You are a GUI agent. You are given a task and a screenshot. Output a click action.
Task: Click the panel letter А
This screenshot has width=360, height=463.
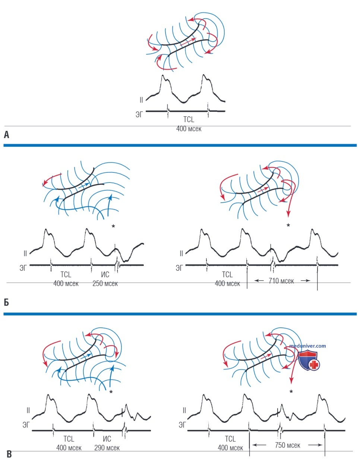(x=6, y=135)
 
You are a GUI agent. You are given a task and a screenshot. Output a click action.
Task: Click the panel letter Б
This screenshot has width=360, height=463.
(x=6, y=302)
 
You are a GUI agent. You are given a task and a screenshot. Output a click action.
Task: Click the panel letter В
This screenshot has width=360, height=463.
(x=9, y=454)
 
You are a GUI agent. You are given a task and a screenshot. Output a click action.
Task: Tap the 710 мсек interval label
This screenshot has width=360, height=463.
(x=281, y=281)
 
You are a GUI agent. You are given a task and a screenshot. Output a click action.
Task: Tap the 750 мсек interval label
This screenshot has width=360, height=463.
(x=287, y=445)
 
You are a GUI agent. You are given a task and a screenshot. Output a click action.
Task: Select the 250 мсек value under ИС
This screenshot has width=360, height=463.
(x=105, y=283)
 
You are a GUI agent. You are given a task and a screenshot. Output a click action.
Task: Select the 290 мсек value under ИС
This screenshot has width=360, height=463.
(x=107, y=448)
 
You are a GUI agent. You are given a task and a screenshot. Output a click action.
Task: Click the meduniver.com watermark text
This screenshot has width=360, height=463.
(x=307, y=346)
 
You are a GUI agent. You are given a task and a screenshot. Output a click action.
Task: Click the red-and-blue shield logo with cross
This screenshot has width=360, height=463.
(x=309, y=361)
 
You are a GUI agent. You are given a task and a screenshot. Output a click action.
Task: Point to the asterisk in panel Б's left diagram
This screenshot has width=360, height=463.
(x=113, y=226)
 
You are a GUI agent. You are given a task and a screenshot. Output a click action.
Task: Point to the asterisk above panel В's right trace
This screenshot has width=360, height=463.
(x=291, y=391)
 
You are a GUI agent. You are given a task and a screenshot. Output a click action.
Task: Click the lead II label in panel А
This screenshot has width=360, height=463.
(x=141, y=100)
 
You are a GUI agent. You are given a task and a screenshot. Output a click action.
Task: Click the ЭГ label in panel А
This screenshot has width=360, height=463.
(x=139, y=114)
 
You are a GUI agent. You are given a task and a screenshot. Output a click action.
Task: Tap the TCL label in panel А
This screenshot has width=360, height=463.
(x=189, y=119)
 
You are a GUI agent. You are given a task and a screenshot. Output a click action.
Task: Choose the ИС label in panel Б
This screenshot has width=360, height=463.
(x=105, y=275)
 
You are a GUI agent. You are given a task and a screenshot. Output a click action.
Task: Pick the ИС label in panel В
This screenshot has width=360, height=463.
(x=107, y=439)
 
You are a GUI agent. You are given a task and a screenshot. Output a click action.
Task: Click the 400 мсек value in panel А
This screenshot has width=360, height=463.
(x=189, y=129)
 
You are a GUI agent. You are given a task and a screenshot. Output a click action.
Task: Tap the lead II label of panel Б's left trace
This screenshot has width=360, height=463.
(x=25, y=253)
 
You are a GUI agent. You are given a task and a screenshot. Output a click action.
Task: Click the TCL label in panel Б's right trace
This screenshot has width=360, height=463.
(x=227, y=275)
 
